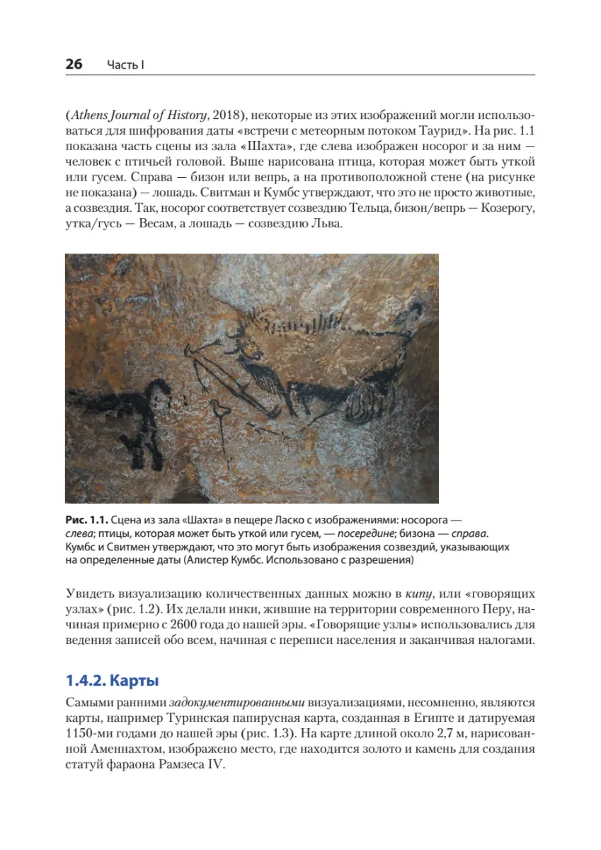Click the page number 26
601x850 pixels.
[74, 64]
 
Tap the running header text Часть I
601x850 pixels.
[126, 65]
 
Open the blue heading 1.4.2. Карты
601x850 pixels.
[112, 681]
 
